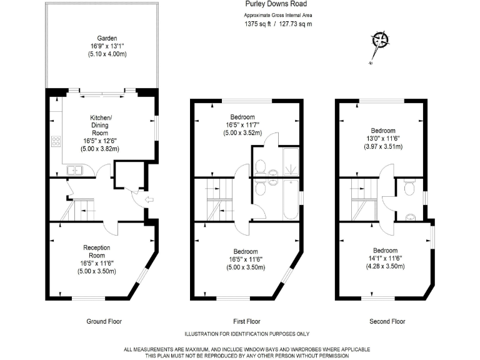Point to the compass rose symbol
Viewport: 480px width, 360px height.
point(380,41)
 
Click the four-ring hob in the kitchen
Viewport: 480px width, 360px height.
point(55,141)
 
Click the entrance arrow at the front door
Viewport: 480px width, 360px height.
point(147,200)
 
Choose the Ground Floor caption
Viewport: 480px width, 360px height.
point(104,321)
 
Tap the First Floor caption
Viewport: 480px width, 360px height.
point(242,321)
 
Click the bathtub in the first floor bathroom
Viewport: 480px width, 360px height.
point(291,199)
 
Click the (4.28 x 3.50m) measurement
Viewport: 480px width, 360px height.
point(384,266)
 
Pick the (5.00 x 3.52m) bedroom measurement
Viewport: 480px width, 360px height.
point(242,132)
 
